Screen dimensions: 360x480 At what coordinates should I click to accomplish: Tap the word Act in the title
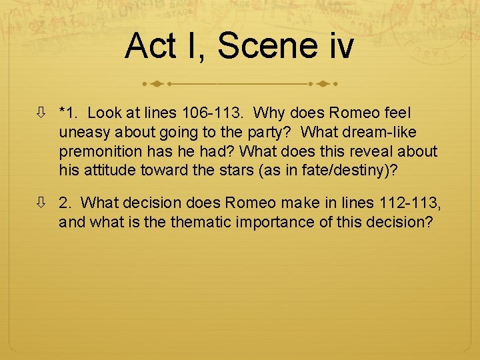150,46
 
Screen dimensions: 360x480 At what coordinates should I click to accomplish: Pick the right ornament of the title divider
323,85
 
